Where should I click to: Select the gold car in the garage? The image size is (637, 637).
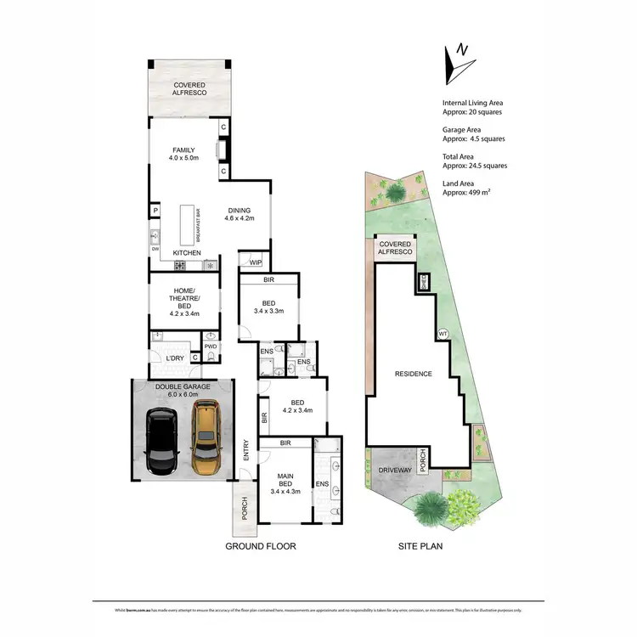pos(205,438)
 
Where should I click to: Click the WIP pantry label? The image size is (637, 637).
pos(255,262)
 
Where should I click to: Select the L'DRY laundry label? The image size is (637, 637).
pos(175,358)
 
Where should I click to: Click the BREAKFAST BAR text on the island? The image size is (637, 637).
pos(198,225)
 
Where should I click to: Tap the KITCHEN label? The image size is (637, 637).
pos(187,254)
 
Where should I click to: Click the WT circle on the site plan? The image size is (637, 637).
pos(443,333)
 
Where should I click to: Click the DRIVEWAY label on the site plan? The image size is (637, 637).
pos(395,470)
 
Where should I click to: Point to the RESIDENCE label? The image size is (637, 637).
pos(413,374)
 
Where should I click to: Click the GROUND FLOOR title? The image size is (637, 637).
pos(260,546)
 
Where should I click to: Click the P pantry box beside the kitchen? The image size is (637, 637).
pos(155,211)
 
